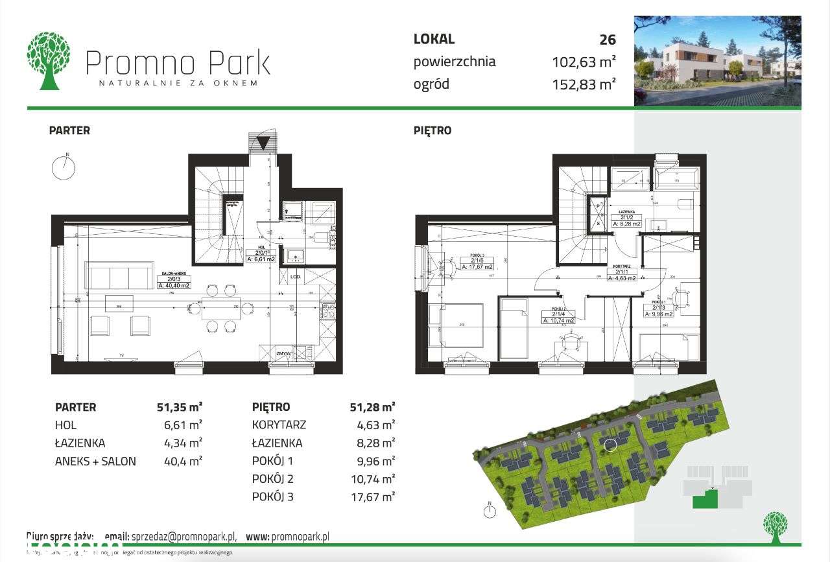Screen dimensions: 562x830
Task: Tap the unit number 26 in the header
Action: (x=607, y=40)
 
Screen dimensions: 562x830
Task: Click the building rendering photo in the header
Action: (x=717, y=60)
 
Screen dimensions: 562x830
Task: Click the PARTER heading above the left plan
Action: (x=69, y=130)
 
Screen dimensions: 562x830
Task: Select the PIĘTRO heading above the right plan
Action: (x=433, y=130)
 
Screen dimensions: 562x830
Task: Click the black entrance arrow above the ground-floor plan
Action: (x=263, y=143)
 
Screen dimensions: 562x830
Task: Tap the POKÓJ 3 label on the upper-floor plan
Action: (x=477, y=263)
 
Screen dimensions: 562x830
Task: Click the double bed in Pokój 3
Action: (x=462, y=325)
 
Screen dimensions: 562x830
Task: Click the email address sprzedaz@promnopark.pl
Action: (x=184, y=537)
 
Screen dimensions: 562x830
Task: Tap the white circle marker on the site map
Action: (x=610, y=444)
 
